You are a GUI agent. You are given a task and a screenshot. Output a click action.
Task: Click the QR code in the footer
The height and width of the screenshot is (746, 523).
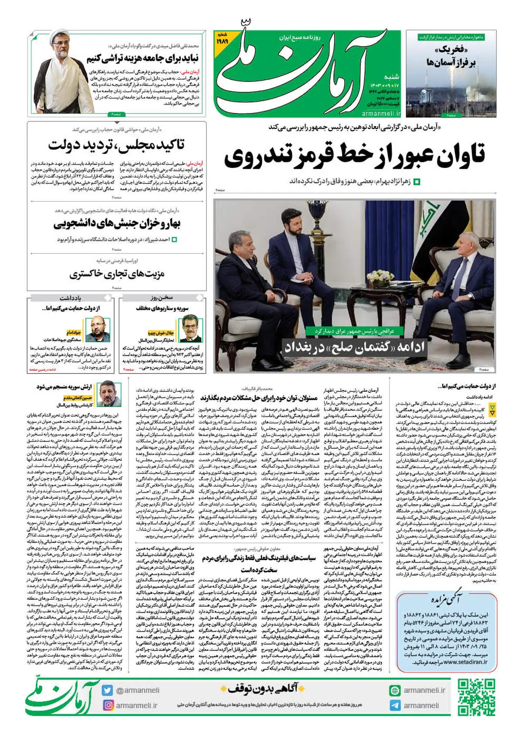click(x=476, y=697)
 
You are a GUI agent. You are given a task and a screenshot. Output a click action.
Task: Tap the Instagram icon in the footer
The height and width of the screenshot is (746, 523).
click(x=108, y=705)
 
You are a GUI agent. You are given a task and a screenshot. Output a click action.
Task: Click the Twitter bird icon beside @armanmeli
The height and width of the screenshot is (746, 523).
click(x=108, y=690)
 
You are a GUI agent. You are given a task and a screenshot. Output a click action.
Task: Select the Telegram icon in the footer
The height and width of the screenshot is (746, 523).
click(x=395, y=706)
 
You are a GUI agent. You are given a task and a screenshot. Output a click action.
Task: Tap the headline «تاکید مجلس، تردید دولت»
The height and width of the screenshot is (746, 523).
click(x=116, y=145)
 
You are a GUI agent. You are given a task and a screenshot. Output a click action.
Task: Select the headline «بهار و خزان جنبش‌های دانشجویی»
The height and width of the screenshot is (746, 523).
click(x=117, y=224)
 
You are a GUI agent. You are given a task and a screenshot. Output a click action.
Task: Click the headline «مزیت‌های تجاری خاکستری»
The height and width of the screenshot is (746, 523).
click(x=117, y=274)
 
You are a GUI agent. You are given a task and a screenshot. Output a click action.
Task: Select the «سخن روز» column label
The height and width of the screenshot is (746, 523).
click(x=162, y=298)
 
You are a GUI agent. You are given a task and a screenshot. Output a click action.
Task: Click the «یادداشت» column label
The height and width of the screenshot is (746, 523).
click(x=70, y=298)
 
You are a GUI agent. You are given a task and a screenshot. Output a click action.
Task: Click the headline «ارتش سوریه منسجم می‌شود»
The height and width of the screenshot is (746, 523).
click(x=64, y=386)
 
